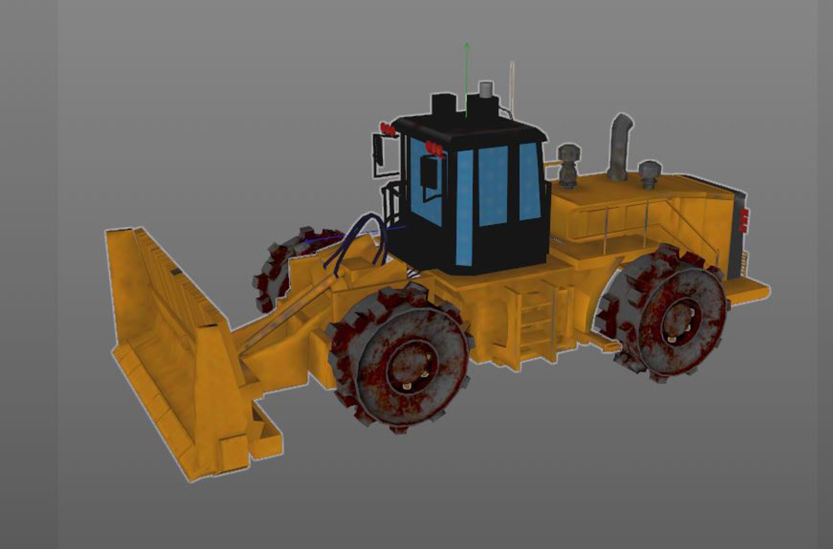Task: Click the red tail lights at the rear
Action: tap(744, 220)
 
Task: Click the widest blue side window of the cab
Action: tap(493, 186)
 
